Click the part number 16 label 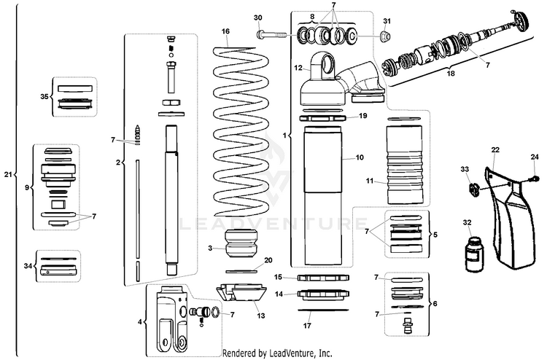click(225, 31)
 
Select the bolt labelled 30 click(271, 33)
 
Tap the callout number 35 click(44, 95)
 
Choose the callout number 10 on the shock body click(360, 157)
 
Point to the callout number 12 click(298, 68)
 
